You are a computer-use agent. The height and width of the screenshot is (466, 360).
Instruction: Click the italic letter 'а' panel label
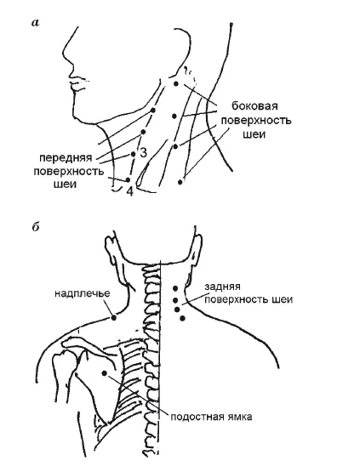coord(35,23)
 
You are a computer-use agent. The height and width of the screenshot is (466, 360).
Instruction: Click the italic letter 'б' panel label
coord(36,227)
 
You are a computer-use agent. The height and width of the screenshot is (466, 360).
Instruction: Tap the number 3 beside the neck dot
coord(143,152)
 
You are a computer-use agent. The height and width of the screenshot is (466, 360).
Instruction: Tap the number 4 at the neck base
coord(130,191)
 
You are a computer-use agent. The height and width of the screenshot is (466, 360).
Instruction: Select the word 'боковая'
coord(254,105)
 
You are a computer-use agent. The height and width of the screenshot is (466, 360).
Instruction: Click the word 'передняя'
coord(66,158)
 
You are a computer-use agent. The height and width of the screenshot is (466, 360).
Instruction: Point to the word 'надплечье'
coord(83,293)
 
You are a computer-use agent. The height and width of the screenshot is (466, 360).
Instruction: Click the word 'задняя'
coord(222,287)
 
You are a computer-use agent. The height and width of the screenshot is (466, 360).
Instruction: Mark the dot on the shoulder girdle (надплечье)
coord(114,318)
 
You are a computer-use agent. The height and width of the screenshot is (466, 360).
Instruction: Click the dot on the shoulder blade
coord(105,373)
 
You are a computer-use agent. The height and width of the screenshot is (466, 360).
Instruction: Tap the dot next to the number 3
coord(134,154)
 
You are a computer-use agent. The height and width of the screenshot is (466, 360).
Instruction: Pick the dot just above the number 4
coord(129,179)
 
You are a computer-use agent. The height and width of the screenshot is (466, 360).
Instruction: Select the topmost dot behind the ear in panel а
coord(176,84)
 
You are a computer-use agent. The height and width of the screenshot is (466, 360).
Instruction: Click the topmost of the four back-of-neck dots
coord(175,288)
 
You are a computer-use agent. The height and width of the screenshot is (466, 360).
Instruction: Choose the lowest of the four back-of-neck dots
coord(183,318)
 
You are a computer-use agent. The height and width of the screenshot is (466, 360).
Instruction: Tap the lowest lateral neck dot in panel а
coord(180,182)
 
